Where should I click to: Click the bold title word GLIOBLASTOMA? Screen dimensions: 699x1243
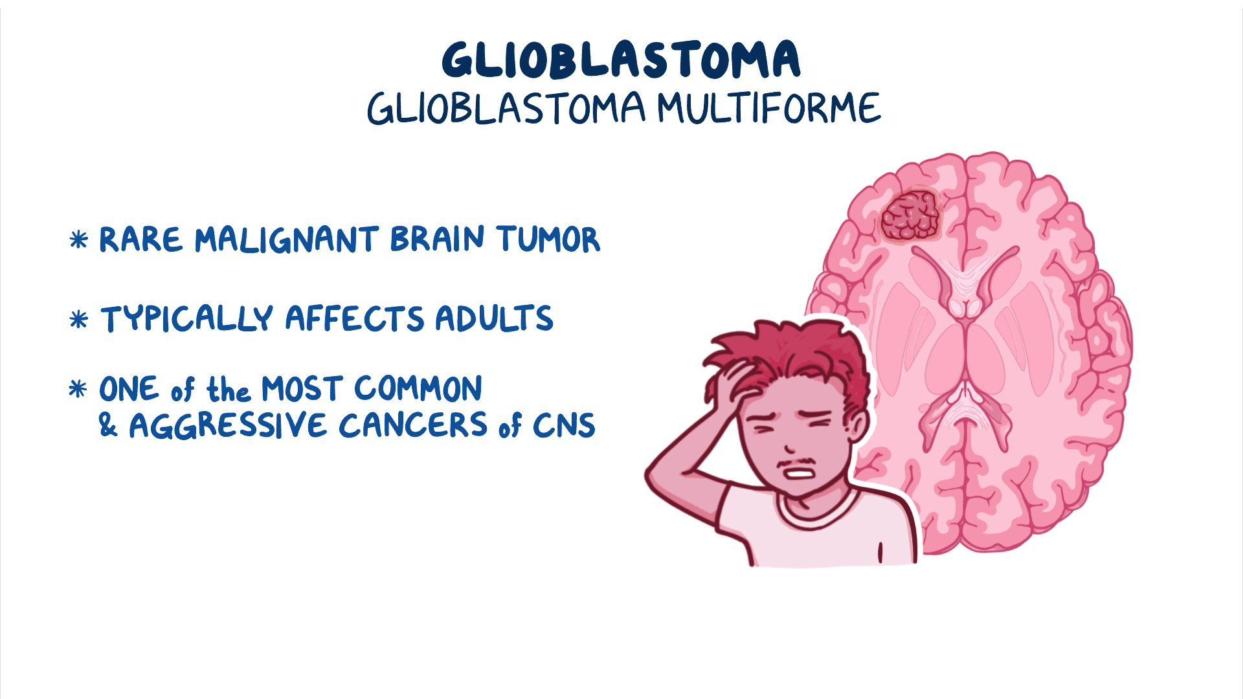621,60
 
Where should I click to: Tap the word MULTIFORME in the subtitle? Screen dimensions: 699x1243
768,108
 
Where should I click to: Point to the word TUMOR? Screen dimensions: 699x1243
549,239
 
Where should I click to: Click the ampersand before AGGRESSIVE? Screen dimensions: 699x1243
108,425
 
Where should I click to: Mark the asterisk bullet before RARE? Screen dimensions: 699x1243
78,241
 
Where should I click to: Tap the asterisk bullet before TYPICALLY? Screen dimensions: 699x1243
78,320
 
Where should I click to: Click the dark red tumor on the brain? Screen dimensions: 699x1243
910,216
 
